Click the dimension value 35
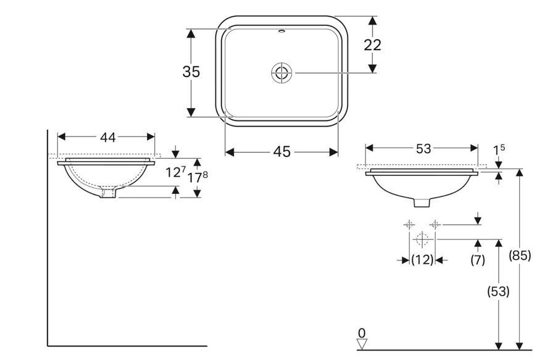click(191, 72)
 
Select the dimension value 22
click(372, 45)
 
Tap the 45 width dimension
click(282, 151)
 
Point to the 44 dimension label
click(107, 137)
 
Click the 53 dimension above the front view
click(423, 149)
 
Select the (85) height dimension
click(520, 255)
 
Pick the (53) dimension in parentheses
click(498, 291)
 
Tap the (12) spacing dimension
click(422, 260)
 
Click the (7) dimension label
click(477, 260)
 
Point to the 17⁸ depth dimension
click(198, 177)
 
